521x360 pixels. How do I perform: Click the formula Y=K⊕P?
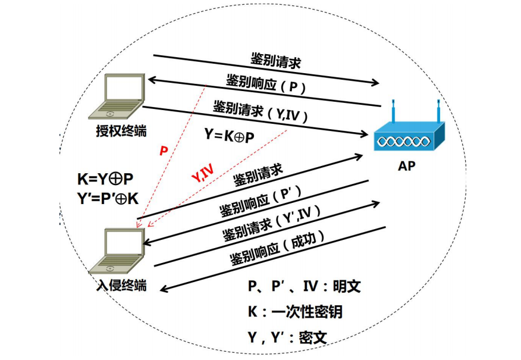pos(229,136)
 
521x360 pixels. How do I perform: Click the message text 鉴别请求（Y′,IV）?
pos(271,223)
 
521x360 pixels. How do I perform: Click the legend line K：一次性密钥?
pos(295,312)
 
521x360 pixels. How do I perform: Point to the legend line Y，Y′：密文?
pos(287,337)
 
